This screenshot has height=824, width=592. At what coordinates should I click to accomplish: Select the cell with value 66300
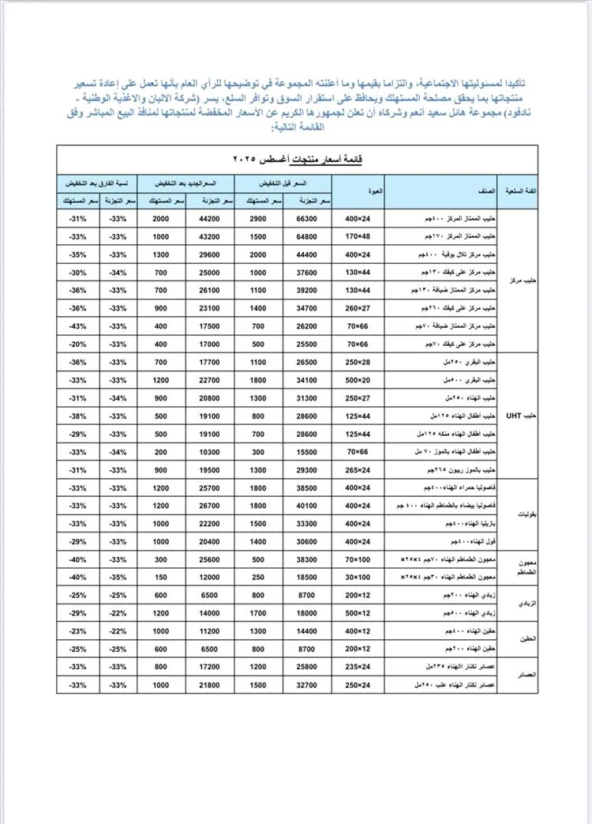[x=307, y=218]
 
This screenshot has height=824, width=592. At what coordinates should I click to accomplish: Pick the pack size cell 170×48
[x=358, y=236]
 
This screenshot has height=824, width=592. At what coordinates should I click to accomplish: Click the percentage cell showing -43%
[x=77, y=326]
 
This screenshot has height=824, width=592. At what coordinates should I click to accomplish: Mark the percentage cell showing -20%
[x=77, y=344]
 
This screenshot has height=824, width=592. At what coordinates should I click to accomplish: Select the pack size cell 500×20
[x=358, y=381]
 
